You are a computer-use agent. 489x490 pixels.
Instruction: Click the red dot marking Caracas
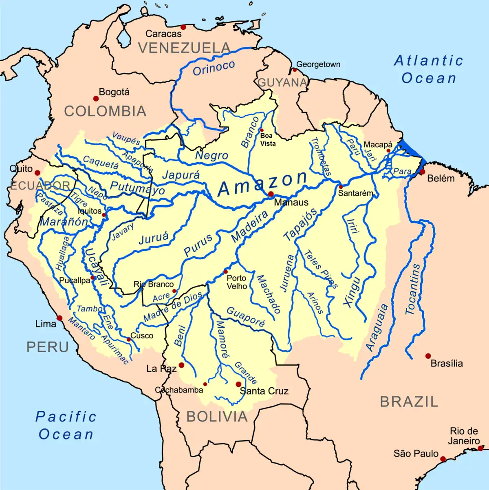(183, 27)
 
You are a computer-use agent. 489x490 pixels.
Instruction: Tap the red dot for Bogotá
(96, 99)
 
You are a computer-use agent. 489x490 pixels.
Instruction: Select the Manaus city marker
(271, 194)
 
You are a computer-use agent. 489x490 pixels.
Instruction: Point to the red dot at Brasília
(428, 356)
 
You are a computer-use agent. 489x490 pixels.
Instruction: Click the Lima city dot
(59, 318)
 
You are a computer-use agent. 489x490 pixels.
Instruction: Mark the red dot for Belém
(423, 172)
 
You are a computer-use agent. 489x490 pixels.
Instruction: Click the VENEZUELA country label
(185, 48)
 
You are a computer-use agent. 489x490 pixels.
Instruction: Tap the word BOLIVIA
(217, 417)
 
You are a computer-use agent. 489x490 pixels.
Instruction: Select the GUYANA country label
(282, 83)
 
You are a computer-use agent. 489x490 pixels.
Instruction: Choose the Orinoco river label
(214, 68)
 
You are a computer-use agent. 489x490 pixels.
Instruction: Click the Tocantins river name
(413, 289)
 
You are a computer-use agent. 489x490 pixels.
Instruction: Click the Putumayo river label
(138, 188)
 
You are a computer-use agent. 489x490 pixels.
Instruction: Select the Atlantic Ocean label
(429, 69)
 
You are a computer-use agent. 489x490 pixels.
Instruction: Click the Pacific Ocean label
(66, 425)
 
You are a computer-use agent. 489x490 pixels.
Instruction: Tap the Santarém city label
(355, 193)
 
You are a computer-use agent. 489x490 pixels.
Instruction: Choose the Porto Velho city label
(237, 282)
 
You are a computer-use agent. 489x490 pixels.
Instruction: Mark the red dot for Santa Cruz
(238, 384)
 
